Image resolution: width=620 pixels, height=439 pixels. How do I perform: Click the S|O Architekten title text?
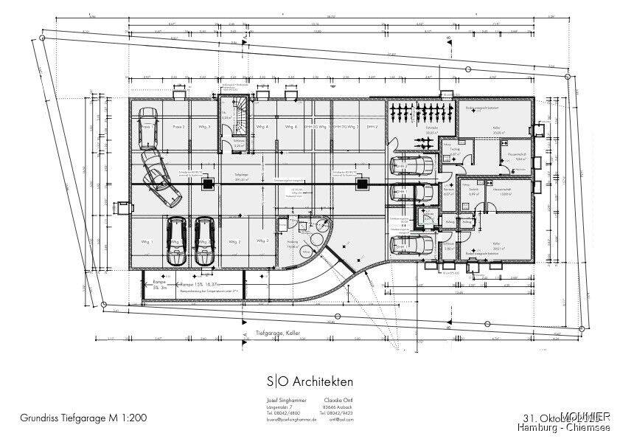[310, 381]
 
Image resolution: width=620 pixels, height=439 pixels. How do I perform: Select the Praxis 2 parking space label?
[178, 128]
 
